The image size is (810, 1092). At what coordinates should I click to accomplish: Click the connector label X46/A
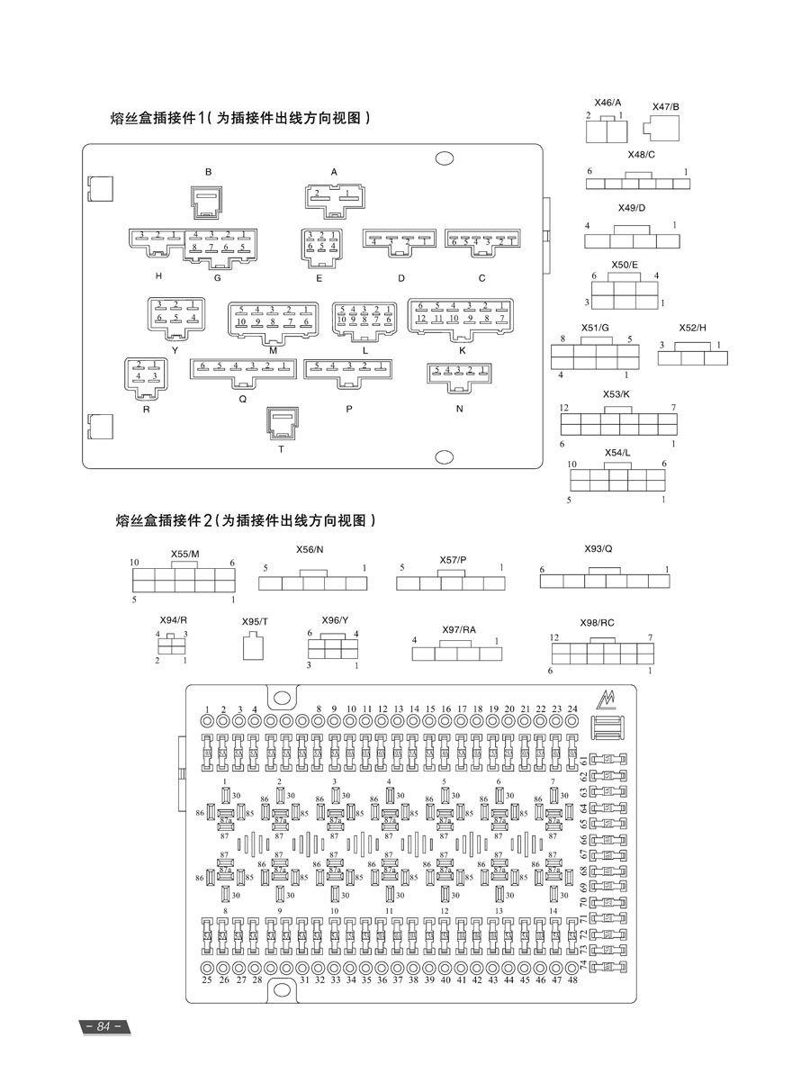(x=607, y=104)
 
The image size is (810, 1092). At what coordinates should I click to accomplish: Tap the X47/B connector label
(x=666, y=107)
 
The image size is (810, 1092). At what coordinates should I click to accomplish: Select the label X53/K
(x=616, y=394)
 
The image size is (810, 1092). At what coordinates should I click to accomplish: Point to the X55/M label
(x=185, y=555)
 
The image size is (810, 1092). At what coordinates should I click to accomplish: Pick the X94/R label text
(x=174, y=620)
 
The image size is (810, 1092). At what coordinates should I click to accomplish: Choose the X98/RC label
(x=598, y=623)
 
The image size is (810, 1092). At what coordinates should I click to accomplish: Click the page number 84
(x=103, y=1027)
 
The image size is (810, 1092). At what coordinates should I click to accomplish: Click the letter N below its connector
(x=459, y=408)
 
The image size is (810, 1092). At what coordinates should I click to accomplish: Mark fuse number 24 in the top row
(x=572, y=709)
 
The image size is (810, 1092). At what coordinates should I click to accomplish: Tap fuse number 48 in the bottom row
(x=572, y=979)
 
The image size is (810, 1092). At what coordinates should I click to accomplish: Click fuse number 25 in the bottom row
(x=207, y=979)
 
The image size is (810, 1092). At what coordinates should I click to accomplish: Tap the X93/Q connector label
(x=598, y=548)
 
